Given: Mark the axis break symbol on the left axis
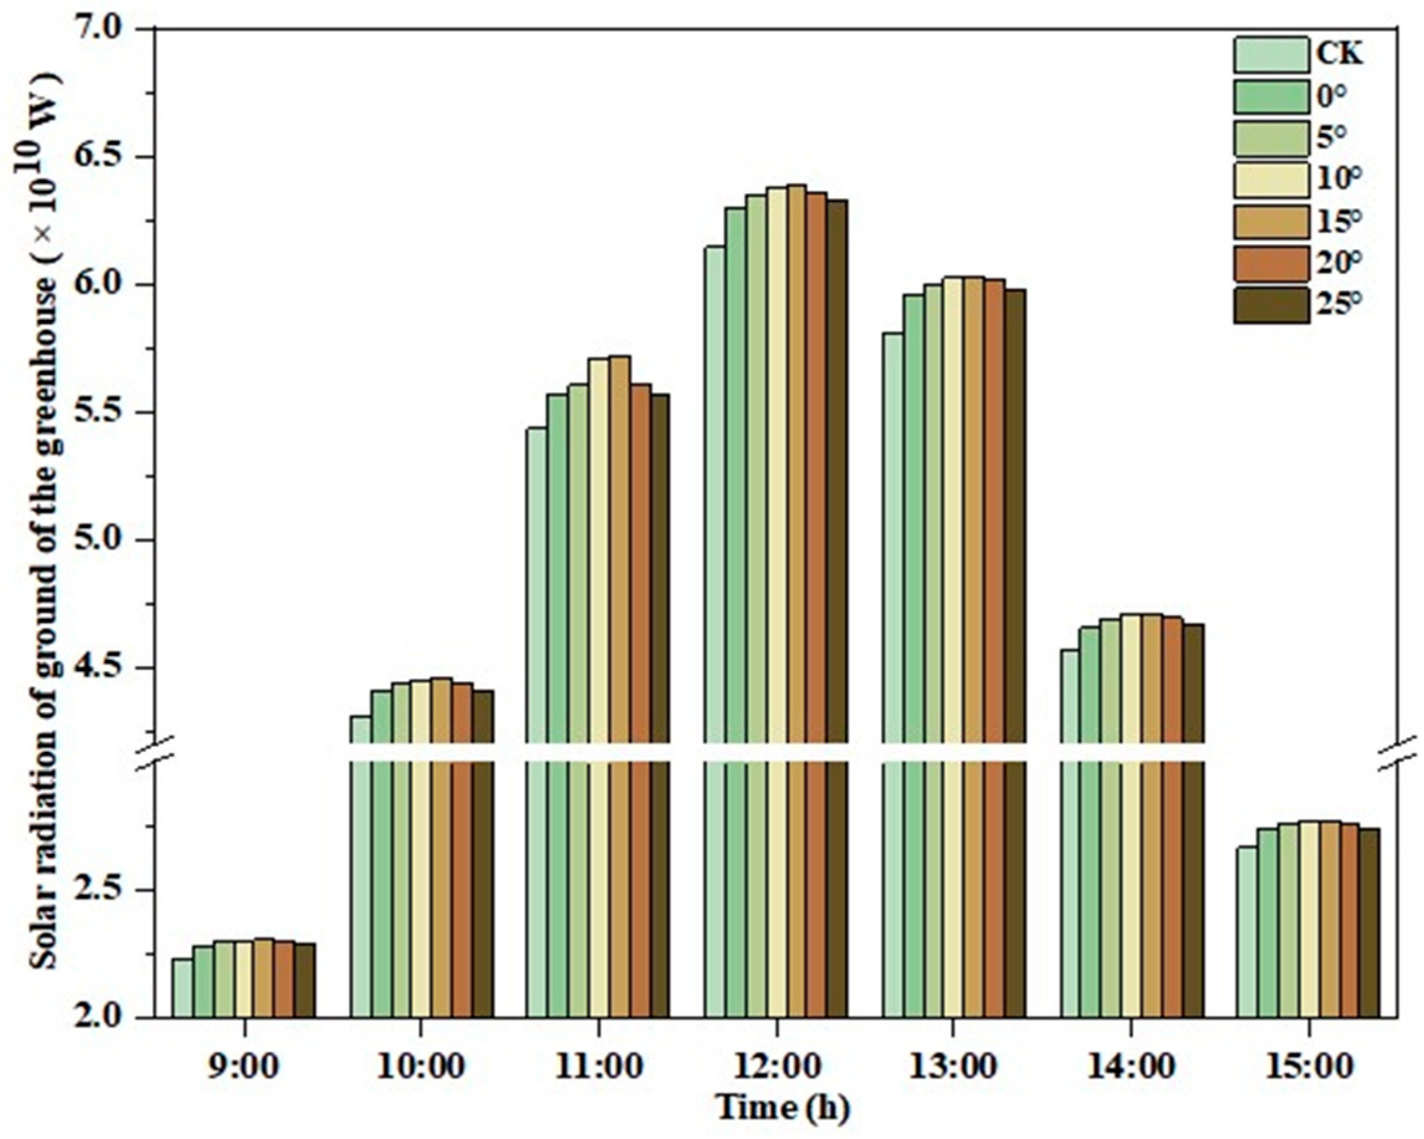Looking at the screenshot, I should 157,753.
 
